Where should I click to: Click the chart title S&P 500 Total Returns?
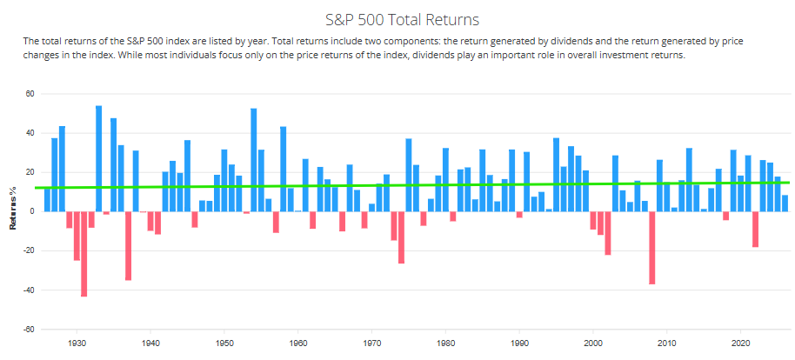(402, 20)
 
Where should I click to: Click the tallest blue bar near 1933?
(99, 159)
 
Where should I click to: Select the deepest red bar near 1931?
(84, 254)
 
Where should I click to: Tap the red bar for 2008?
(652, 248)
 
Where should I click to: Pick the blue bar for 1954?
(253, 160)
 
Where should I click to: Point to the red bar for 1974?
(401, 237)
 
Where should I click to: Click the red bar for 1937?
(128, 246)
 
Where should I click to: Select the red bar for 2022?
(756, 230)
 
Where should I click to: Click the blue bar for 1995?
(556, 175)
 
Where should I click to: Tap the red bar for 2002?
(608, 233)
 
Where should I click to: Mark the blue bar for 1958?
(283, 170)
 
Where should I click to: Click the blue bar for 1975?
(409, 176)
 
